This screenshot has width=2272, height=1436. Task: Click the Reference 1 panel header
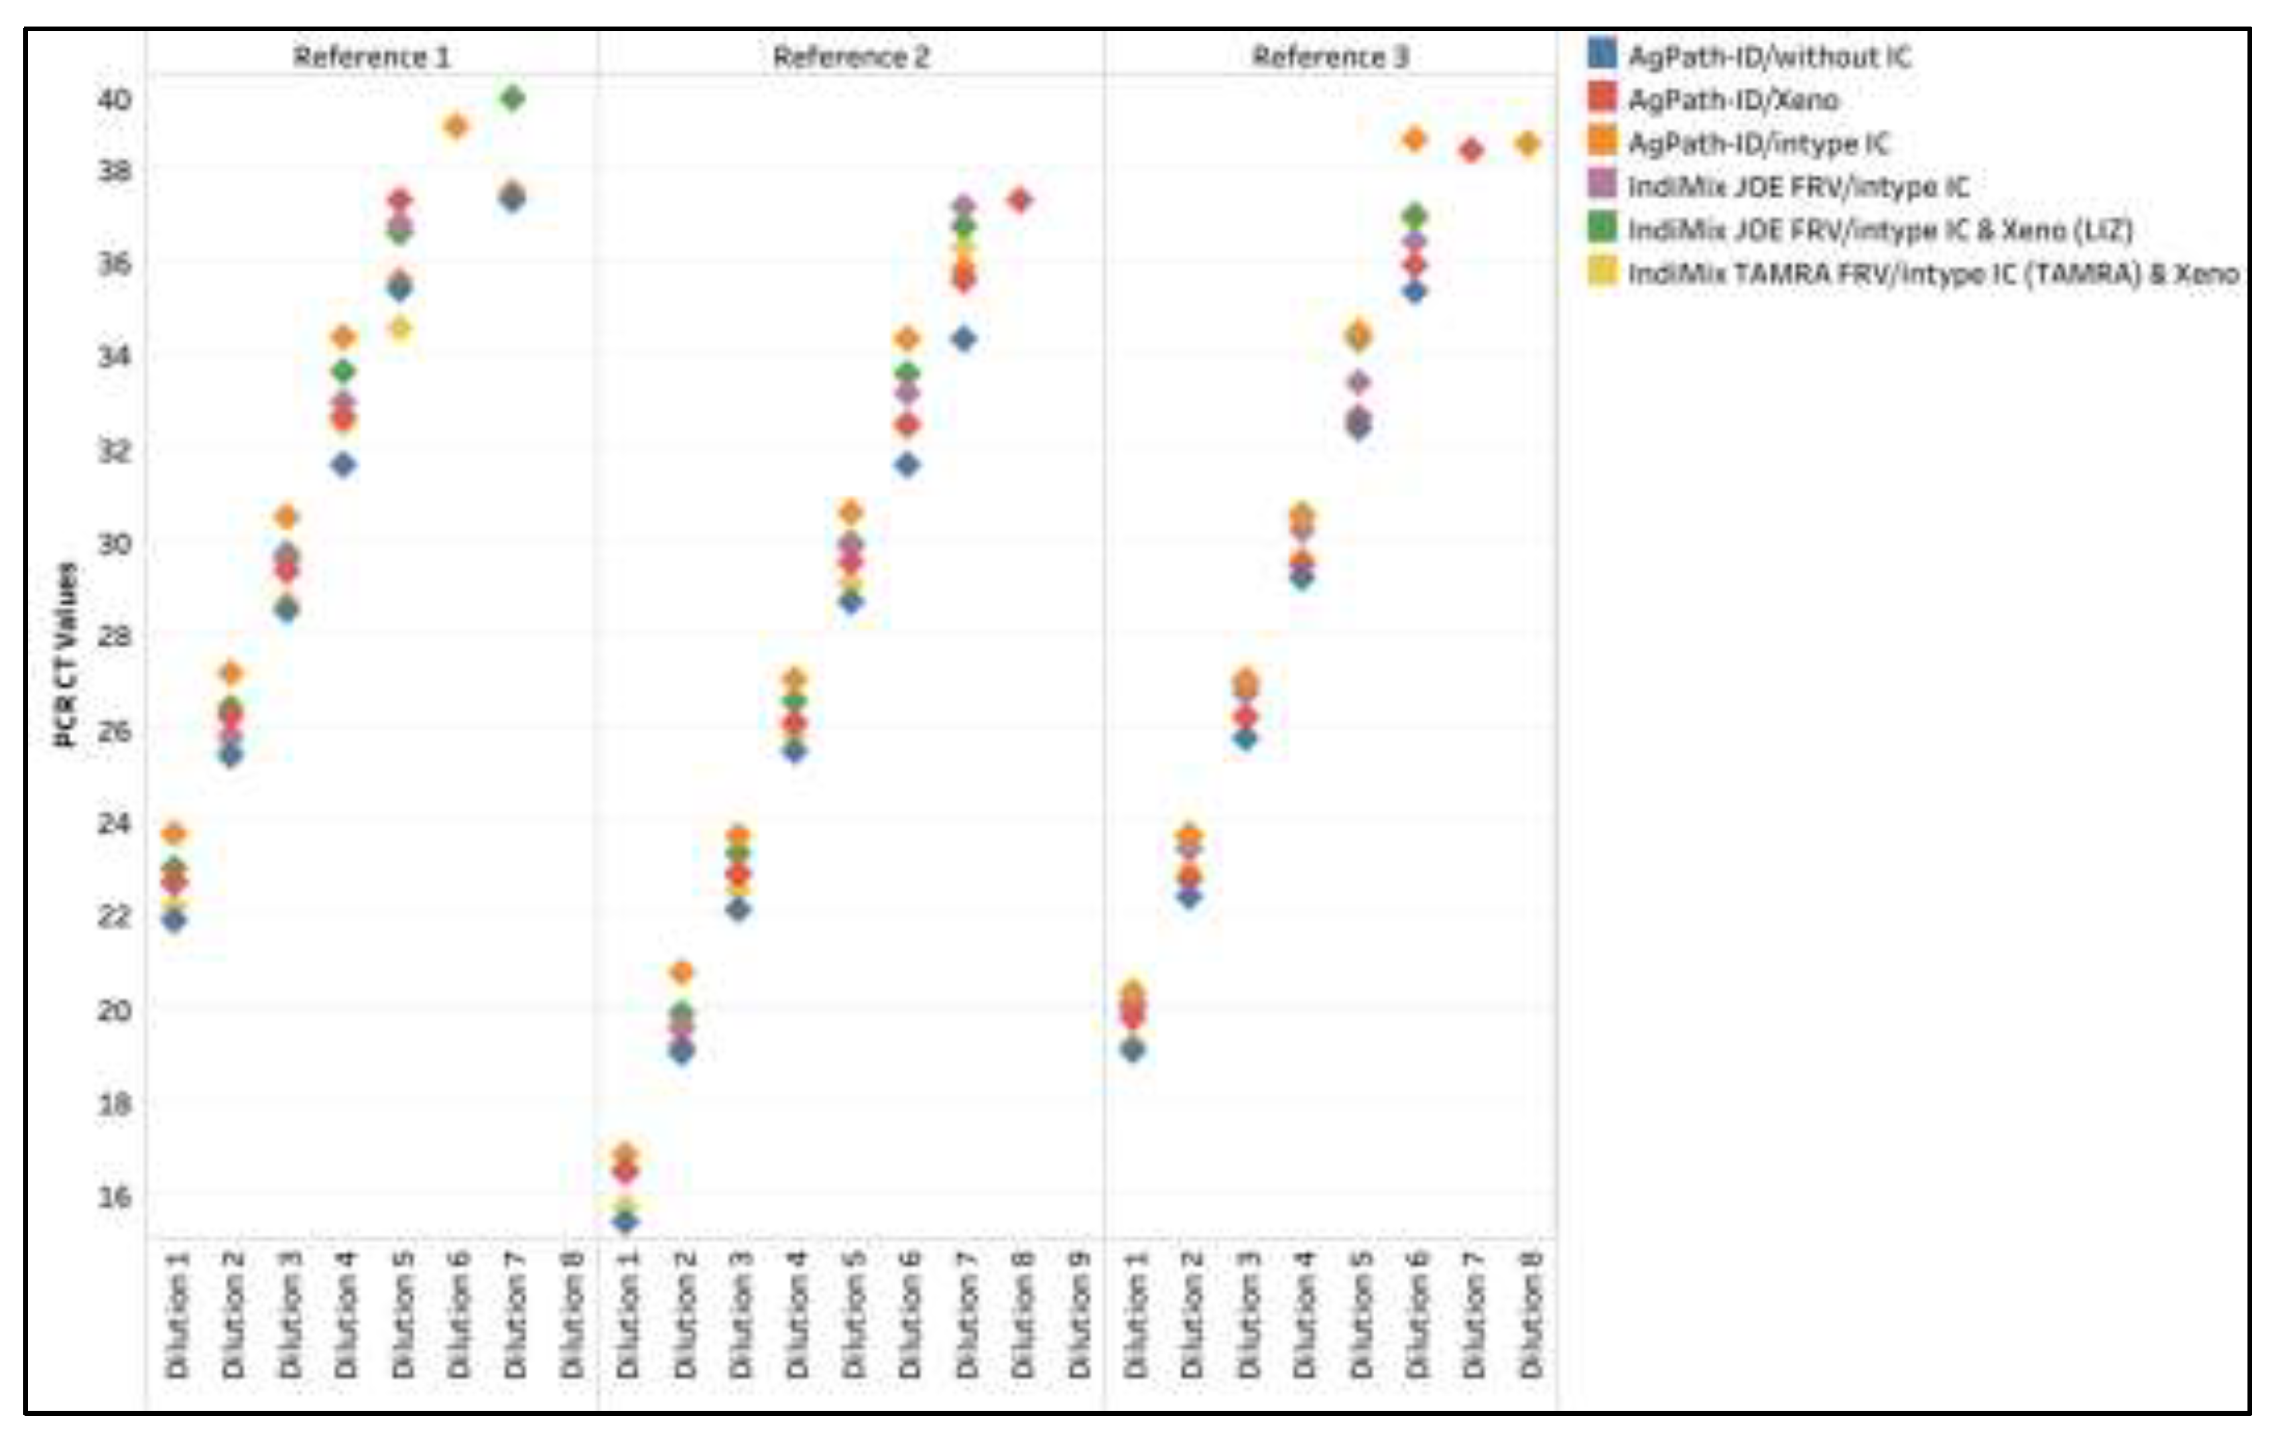tap(371, 56)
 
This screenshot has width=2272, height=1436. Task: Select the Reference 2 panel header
tap(850, 56)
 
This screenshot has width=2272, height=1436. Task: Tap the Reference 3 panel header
tap(1330, 56)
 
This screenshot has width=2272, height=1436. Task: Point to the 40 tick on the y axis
tap(114, 98)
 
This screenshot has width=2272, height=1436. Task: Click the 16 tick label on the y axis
tap(114, 1197)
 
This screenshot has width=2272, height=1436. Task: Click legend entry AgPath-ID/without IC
tap(1769, 56)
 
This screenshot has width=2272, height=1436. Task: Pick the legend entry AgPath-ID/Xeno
tap(1732, 100)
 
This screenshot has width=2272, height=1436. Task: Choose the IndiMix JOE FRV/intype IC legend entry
tap(1797, 187)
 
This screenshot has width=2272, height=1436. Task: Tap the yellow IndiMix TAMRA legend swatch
tap(1601, 272)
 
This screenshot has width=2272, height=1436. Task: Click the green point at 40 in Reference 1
tap(513, 98)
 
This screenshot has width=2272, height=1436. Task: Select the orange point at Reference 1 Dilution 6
tap(456, 125)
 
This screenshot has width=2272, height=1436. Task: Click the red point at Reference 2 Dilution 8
tap(1020, 200)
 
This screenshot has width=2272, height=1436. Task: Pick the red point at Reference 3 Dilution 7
tap(1471, 150)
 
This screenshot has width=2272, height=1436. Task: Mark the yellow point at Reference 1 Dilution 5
tap(400, 328)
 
